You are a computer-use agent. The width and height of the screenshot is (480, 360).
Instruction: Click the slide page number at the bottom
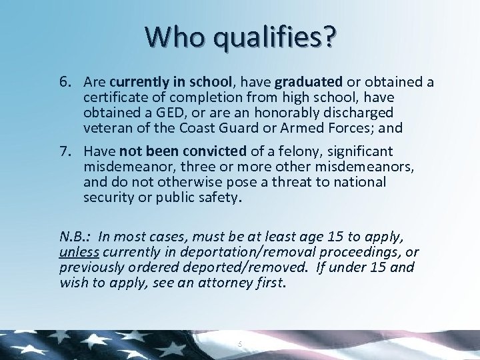239,343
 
